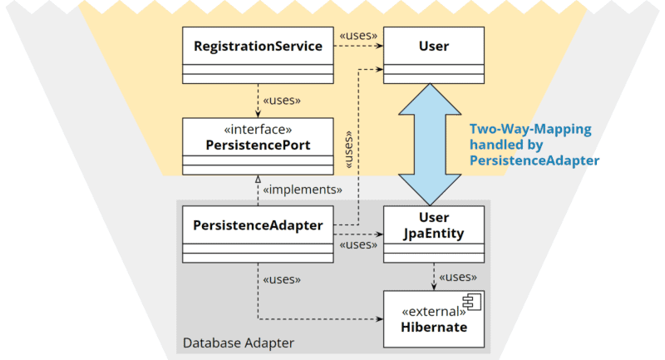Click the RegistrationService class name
pyautogui.click(x=258, y=46)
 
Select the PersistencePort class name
pyautogui.click(x=258, y=145)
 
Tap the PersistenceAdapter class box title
pyautogui.click(x=258, y=225)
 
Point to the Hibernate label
pyautogui.click(x=434, y=327)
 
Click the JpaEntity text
pyautogui.click(x=434, y=234)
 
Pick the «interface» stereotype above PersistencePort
pyautogui.click(x=258, y=129)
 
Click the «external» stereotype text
pyautogui.click(x=433, y=312)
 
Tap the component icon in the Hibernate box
pyautogui.click(x=472, y=302)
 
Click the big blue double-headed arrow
pyautogui.click(x=430, y=144)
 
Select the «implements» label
pyautogui.click(x=303, y=190)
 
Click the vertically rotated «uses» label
pyautogui.click(x=348, y=150)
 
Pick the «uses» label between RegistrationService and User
pyautogui.click(x=358, y=36)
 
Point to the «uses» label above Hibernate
pyautogui.click(x=458, y=277)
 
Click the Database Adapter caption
pyautogui.click(x=239, y=343)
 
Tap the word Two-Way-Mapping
pyautogui.click(x=530, y=130)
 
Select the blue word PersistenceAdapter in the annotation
pyautogui.click(x=534, y=160)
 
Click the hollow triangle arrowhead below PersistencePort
pyautogui.click(x=258, y=179)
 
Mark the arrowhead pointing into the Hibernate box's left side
pyautogui.click(x=380, y=319)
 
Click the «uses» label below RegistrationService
pyautogui.click(x=282, y=101)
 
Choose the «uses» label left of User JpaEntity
pyautogui.click(x=358, y=244)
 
